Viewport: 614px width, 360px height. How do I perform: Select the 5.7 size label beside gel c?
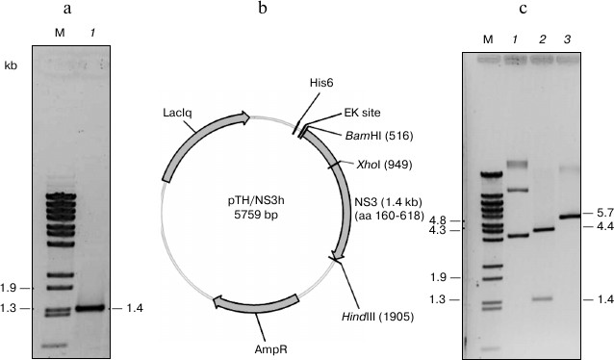[x=605, y=212]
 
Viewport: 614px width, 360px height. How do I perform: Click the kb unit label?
[x=11, y=69]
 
